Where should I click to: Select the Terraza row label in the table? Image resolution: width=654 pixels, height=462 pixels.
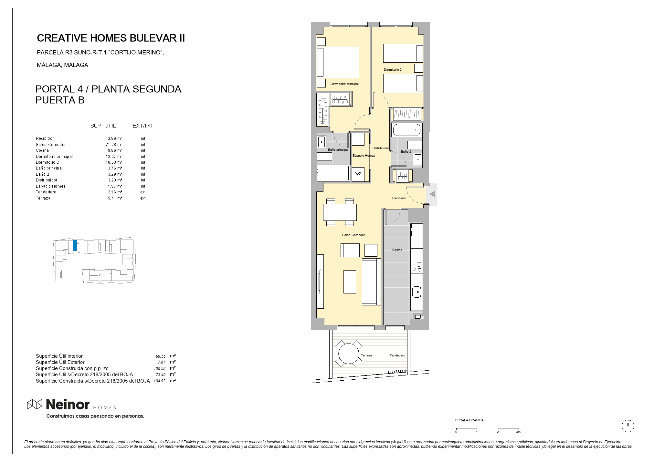[43, 198]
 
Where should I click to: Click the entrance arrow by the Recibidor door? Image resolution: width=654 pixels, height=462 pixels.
[432, 194]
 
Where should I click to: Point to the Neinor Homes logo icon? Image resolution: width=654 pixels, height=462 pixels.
[35, 404]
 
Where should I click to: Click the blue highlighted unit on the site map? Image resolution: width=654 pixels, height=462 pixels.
[75, 245]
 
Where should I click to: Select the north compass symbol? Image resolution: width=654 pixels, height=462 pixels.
[628, 426]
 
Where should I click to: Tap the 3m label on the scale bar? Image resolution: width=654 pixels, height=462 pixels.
[518, 432]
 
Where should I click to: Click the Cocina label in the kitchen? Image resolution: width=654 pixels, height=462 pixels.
[397, 250]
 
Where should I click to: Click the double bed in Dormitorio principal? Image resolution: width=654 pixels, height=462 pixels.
[338, 62]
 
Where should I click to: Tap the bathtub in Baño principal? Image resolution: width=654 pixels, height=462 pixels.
[333, 173]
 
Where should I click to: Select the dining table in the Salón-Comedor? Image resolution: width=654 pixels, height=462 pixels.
[340, 212]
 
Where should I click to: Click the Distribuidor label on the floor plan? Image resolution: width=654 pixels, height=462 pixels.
[381, 148]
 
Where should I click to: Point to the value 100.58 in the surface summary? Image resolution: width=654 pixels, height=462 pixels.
[160, 369]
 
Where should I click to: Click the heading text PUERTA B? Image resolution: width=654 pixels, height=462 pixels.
[60, 100]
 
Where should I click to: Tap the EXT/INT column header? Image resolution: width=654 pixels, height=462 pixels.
[143, 126]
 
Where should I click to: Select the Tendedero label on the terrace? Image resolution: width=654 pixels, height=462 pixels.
[397, 355]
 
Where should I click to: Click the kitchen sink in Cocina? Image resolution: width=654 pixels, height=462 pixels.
[417, 292]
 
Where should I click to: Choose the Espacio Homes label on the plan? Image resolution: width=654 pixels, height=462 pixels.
[364, 156]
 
